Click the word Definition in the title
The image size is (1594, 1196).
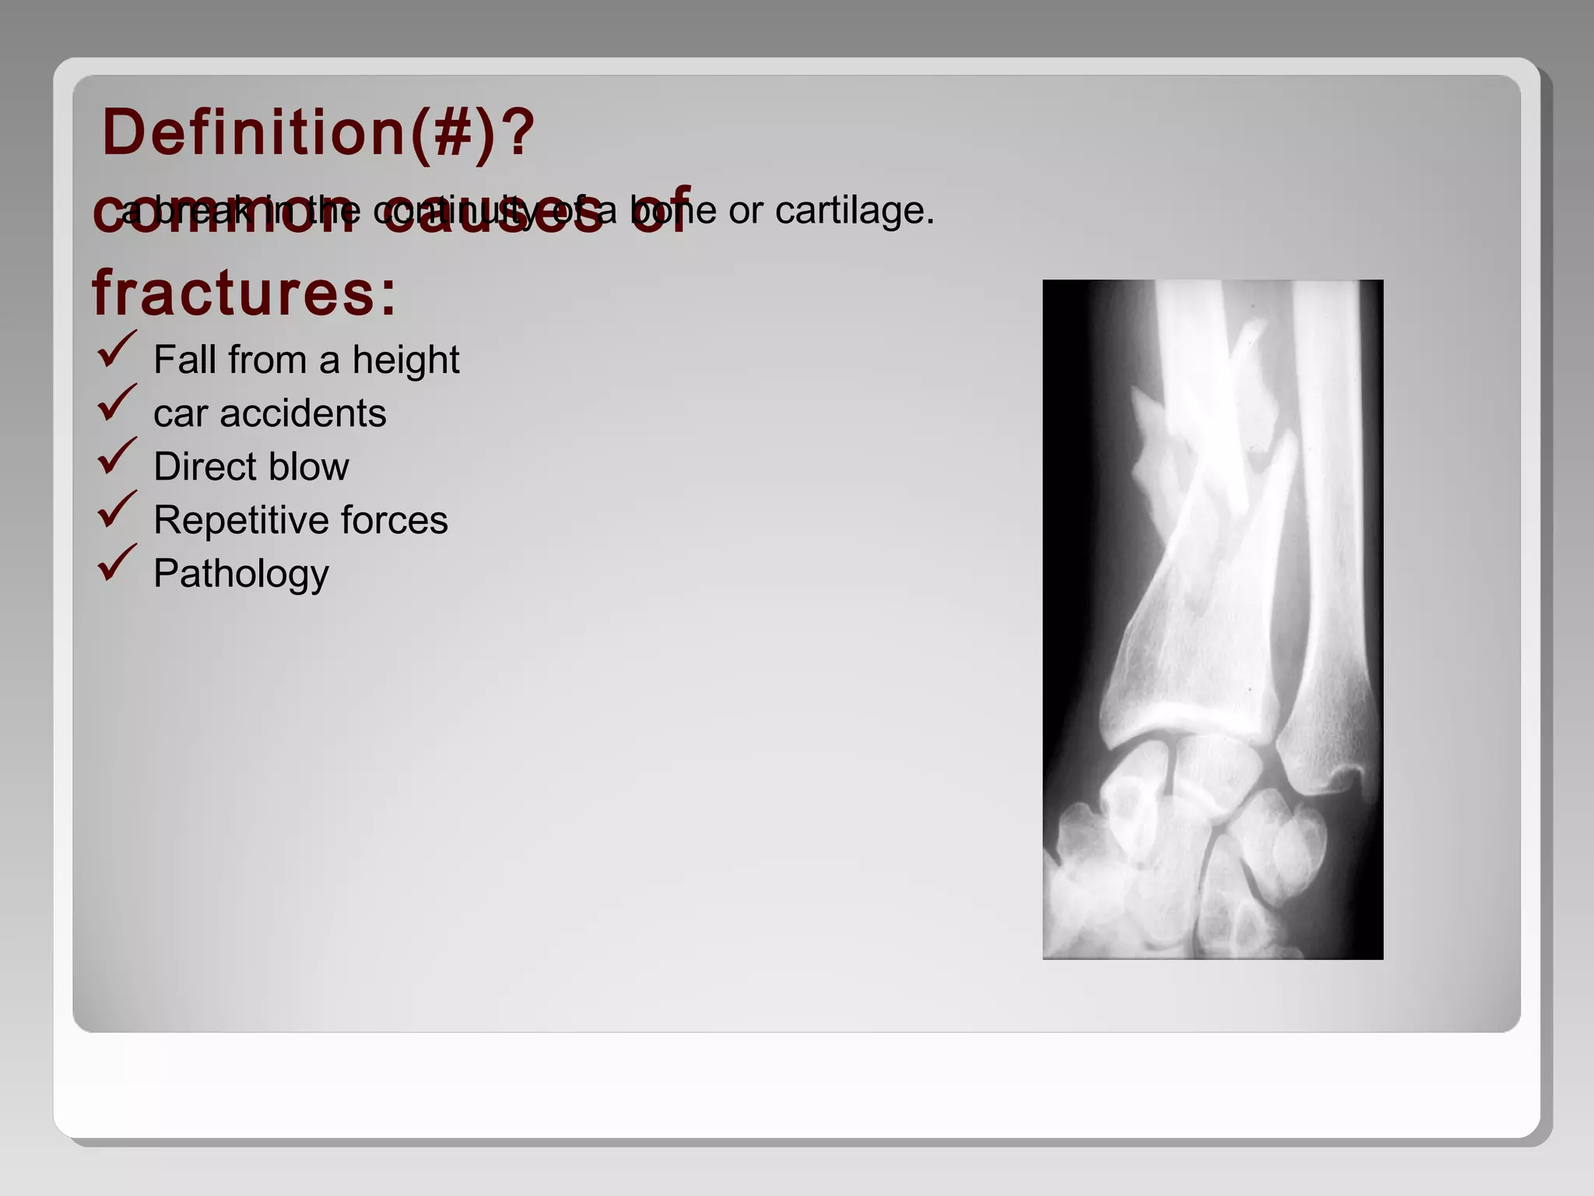(x=253, y=132)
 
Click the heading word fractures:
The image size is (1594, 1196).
(x=244, y=294)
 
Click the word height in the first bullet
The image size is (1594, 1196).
(x=406, y=361)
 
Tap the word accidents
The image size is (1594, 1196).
(x=303, y=413)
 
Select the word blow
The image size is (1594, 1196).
(x=312, y=467)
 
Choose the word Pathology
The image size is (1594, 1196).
(x=241, y=575)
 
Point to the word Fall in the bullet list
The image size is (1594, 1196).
(x=183, y=361)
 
